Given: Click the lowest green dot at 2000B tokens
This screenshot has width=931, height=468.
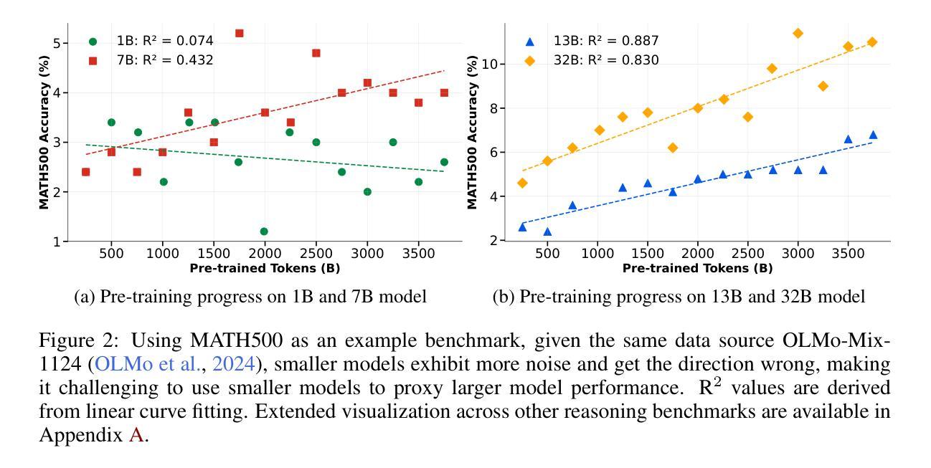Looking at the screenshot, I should point(264,231).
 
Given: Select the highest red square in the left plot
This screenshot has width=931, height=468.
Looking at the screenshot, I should point(239,33).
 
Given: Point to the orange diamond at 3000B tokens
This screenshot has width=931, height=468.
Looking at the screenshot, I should point(798,33).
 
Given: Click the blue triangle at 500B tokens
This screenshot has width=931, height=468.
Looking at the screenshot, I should point(547,231).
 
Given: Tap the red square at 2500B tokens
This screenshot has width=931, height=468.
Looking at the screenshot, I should point(316,53).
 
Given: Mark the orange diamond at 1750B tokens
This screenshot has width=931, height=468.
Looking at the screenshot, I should point(672,148).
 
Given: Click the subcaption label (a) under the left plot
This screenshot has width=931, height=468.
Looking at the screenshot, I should point(84,297).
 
